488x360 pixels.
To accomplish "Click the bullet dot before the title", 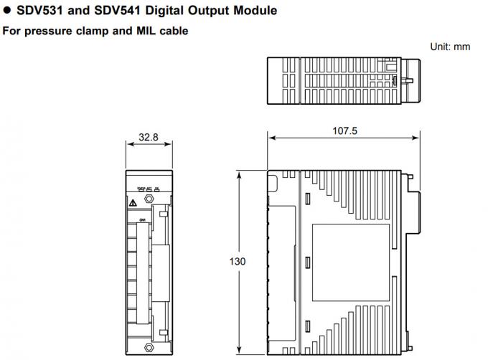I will point(6,11).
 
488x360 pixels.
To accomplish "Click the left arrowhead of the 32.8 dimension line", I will point(128,143).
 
